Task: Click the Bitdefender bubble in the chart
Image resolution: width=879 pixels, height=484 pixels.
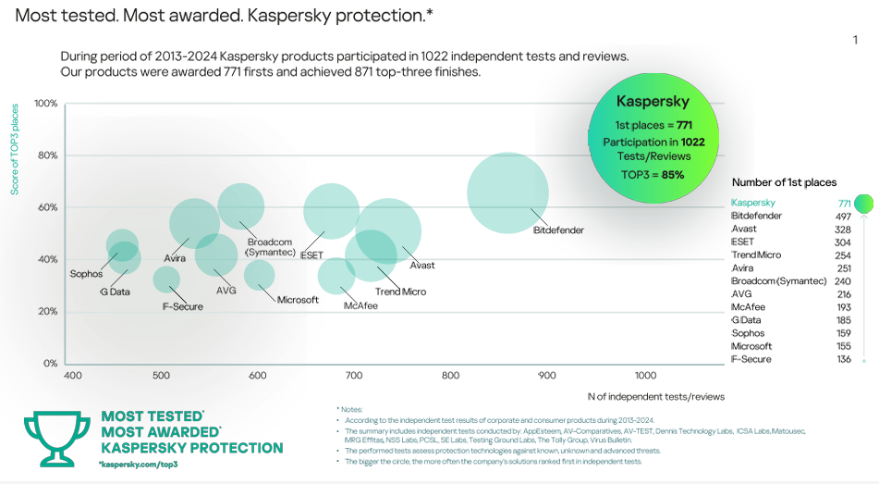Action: coord(507,193)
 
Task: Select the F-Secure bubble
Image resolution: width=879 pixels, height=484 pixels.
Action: coord(166,279)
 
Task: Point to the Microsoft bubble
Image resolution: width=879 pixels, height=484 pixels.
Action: coord(259,274)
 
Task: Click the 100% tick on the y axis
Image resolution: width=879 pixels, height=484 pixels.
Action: coord(46,103)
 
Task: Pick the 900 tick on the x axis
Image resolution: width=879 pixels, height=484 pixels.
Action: coord(547,376)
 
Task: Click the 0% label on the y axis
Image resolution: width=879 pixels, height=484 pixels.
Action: coord(51,364)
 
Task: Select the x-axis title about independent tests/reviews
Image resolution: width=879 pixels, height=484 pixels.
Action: coord(656,397)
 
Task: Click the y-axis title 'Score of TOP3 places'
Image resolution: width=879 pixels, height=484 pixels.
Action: coord(15,150)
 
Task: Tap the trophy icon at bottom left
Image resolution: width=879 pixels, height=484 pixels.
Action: coord(57,438)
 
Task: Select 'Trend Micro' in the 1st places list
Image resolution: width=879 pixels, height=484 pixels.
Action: coord(756,254)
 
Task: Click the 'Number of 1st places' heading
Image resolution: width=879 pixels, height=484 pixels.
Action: coord(784,182)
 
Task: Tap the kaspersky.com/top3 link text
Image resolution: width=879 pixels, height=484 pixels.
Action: coord(138,463)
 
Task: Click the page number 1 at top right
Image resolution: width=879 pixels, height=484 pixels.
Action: coord(855,40)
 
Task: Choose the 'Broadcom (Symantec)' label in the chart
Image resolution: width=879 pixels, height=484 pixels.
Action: coord(271,247)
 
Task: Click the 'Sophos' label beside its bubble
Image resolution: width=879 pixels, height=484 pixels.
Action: coord(86,274)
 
